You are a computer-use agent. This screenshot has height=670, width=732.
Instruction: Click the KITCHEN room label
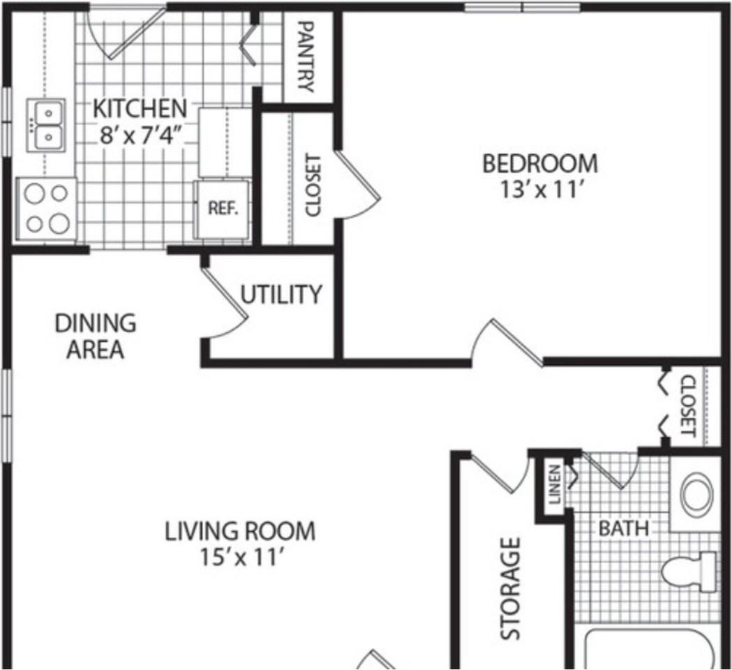pyautogui.click(x=140, y=109)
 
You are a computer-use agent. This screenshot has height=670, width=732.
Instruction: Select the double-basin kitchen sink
pyautogui.click(x=47, y=125)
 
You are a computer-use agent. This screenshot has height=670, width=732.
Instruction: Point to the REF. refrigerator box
pyautogui.click(x=223, y=209)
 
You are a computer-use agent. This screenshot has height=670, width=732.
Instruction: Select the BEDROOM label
pyautogui.click(x=540, y=163)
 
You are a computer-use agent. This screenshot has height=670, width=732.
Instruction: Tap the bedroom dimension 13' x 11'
pyautogui.click(x=540, y=190)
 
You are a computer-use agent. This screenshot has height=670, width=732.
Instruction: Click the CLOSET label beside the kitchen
pyautogui.click(x=313, y=185)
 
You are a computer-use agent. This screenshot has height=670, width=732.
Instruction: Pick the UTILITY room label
pyautogui.click(x=281, y=295)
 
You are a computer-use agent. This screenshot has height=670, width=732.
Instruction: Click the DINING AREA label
pyautogui.click(x=96, y=336)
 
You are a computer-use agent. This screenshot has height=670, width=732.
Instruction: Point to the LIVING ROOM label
pyautogui.click(x=239, y=531)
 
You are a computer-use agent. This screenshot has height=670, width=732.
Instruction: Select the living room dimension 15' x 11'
pyautogui.click(x=239, y=558)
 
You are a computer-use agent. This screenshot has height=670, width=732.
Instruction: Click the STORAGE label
pyautogui.click(x=511, y=588)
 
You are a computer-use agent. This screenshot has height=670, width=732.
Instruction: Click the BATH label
pyautogui.click(x=623, y=528)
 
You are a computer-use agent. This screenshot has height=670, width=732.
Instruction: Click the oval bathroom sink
pyautogui.click(x=696, y=493)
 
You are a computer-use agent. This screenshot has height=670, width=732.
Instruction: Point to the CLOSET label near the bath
pyautogui.click(x=688, y=405)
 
